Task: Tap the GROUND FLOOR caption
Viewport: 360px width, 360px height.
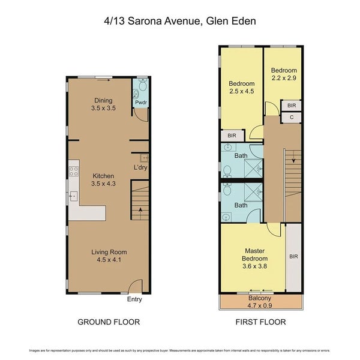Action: point(109,322)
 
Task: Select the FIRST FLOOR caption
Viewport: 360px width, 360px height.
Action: point(260,322)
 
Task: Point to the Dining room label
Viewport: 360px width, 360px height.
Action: point(104,104)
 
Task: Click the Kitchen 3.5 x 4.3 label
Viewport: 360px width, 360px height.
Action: point(104,180)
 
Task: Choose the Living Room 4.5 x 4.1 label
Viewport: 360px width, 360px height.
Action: point(109,256)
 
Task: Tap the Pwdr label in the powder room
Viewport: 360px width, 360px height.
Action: point(140,103)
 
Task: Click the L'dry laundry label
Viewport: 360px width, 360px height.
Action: point(140,167)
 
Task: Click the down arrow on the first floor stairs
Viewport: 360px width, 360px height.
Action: point(292,160)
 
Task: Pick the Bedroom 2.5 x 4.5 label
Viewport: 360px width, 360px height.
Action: point(242,88)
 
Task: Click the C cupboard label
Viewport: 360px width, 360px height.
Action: point(292,118)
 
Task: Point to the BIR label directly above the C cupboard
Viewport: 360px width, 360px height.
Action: point(292,106)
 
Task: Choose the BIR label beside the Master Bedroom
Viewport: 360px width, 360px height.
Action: point(293,256)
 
